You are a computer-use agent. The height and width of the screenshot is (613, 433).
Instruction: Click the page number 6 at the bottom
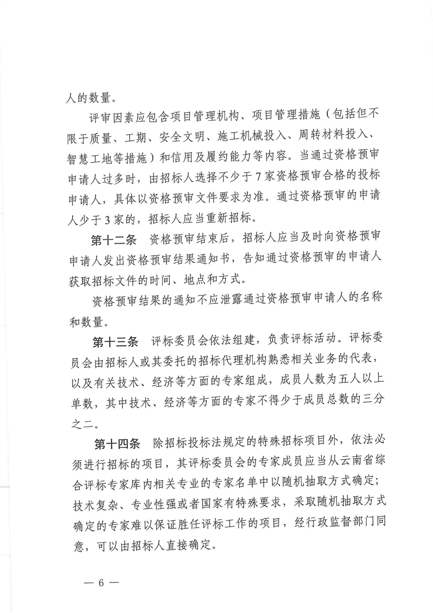pyautogui.click(x=101, y=581)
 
